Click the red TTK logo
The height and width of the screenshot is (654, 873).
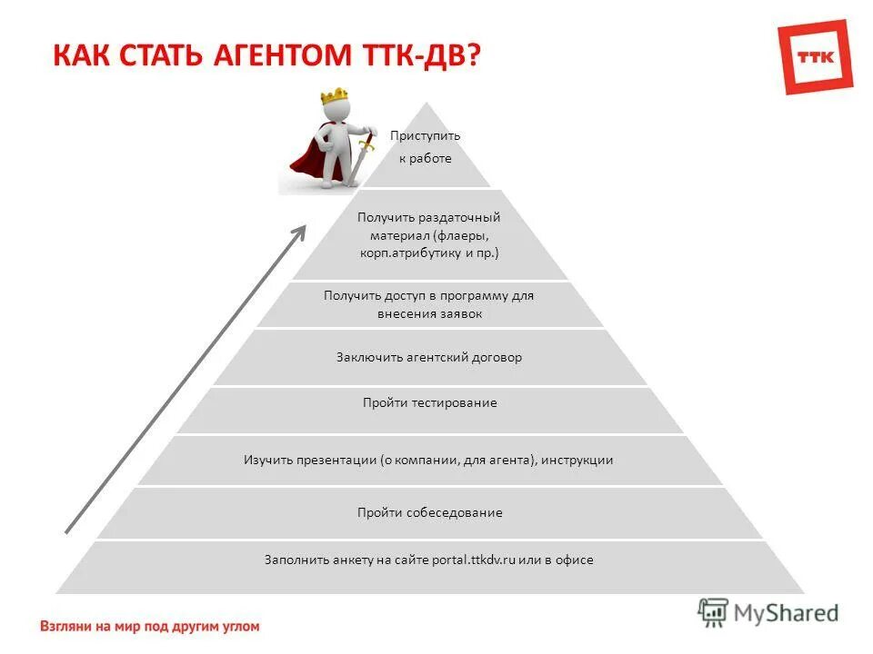[x=816, y=56]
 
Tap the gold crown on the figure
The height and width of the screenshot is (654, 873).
[x=335, y=96]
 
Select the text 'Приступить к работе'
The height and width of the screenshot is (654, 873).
[x=425, y=146]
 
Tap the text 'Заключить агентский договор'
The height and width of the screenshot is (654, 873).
[x=429, y=357]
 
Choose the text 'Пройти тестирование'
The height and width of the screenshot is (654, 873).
[x=429, y=402]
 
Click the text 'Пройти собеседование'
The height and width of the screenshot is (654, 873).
[x=429, y=512]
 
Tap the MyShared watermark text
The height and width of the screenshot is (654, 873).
[x=787, y=613]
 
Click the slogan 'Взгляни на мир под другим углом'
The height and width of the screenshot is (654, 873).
[x=150, y=626]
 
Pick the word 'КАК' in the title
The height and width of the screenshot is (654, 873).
[x=78, y=54]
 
